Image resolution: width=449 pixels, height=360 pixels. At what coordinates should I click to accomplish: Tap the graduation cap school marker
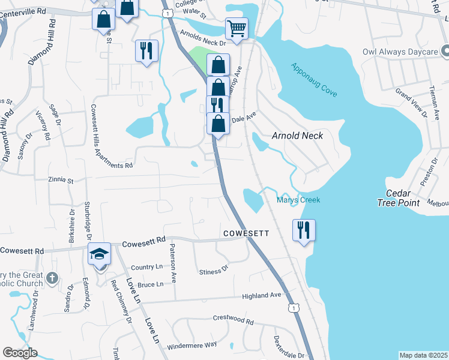(x=99, y=254)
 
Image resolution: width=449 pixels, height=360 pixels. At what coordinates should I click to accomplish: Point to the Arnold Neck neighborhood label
(x=297, y=136)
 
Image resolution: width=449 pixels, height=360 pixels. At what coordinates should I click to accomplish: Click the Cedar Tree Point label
(x=397, y=197)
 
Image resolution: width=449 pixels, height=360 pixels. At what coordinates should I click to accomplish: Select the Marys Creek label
(x=298, y=200)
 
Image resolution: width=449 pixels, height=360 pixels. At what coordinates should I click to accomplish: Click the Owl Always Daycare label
(x=400, y=52)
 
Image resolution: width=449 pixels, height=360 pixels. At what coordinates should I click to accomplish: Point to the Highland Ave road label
(x=261, y=296)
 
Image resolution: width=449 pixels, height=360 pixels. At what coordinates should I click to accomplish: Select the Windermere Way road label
(x=191, y=345)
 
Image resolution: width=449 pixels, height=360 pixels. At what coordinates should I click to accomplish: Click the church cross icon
(x=52, y=278)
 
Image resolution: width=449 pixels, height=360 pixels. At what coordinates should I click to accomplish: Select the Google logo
(x=20, y=353)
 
